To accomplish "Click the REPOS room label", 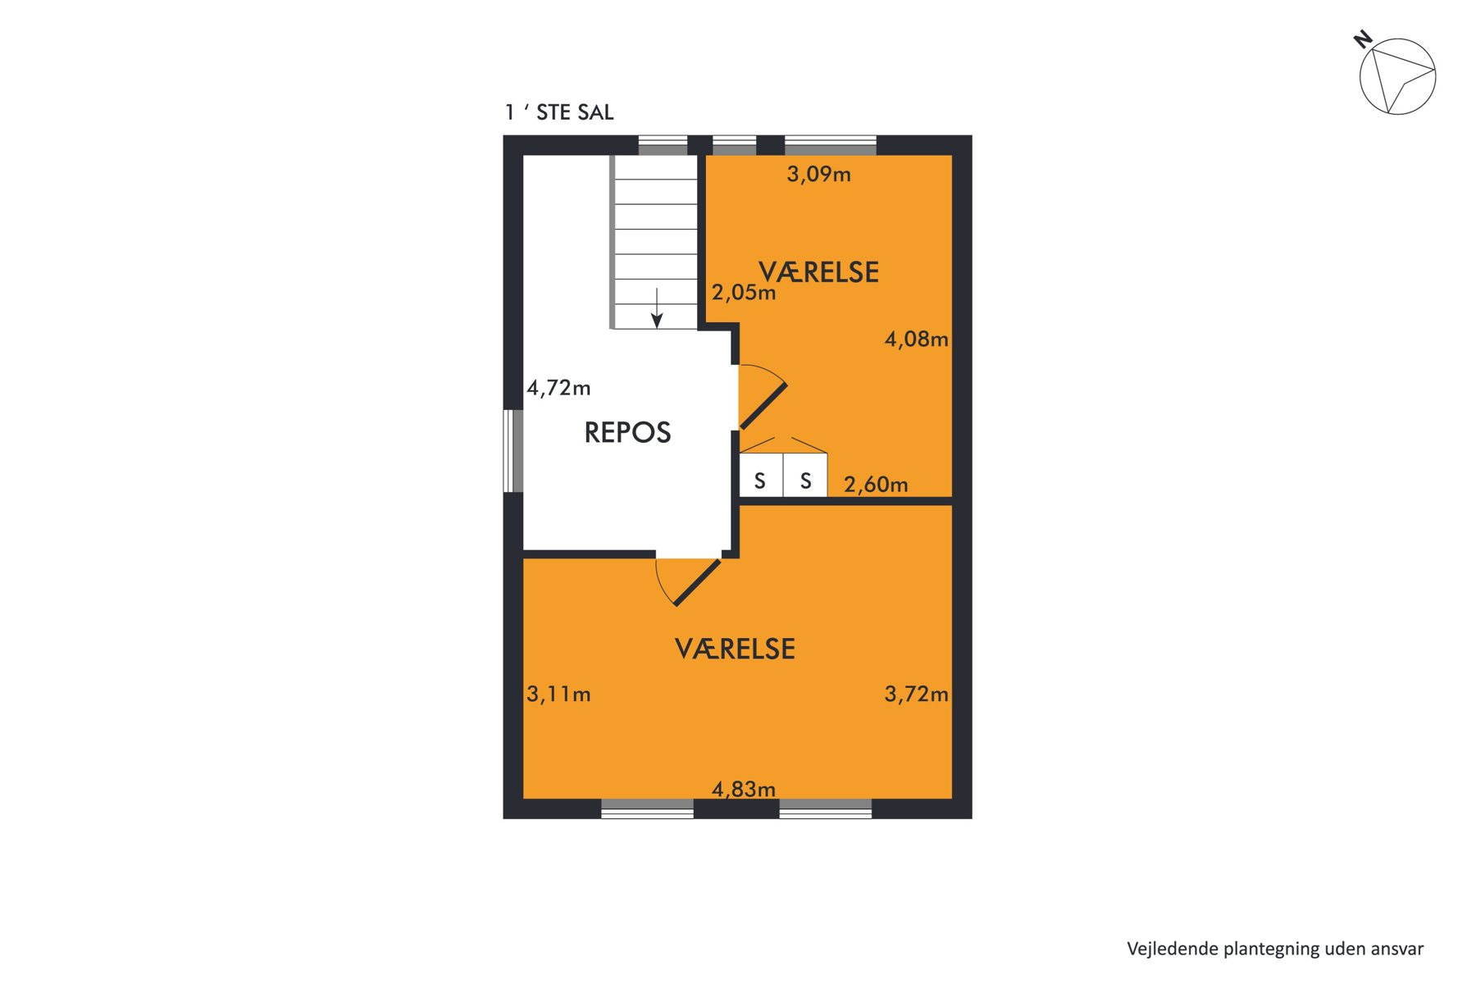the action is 627,432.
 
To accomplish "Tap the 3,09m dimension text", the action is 818,174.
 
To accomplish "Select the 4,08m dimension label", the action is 916,339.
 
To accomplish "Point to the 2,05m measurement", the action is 743,292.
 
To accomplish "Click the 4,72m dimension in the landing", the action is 558,388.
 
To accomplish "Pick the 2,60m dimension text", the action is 876,485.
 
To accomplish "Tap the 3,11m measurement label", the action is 558,695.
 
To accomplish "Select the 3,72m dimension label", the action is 916,695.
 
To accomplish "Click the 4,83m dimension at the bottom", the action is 743,789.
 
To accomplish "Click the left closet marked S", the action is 761,476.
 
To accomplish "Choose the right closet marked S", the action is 805,476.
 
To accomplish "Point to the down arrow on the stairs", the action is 657,308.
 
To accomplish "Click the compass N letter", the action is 1363,39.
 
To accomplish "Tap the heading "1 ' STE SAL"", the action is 559,112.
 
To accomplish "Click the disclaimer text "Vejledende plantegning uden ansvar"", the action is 1275,949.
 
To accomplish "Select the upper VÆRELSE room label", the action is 818,272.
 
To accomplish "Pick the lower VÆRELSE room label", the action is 735,649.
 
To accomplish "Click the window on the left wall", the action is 512,451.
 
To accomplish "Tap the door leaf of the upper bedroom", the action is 764,406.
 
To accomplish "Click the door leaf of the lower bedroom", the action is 697,583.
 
